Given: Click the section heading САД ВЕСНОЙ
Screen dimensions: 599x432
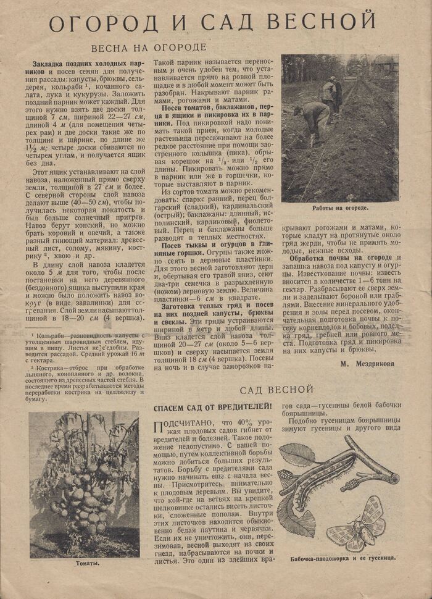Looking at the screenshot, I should (x=277, y=390).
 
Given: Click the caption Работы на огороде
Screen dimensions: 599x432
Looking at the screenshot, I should (x=340, y=208).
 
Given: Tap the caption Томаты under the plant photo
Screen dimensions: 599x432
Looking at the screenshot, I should (x=87, y=563).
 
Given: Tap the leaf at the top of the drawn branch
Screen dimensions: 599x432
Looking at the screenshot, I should (x=297, y=454).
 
